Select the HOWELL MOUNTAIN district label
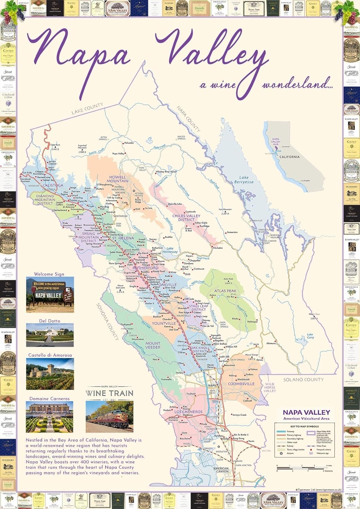pos(118,179)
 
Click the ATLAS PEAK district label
pos(225,291)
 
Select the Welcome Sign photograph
pos(50,295)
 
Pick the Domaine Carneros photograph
pos(50,417)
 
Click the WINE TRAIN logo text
pos(109,394)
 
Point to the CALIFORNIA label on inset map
pos(289,157)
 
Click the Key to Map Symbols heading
pos(305,426)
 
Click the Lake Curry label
pos(310,336)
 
